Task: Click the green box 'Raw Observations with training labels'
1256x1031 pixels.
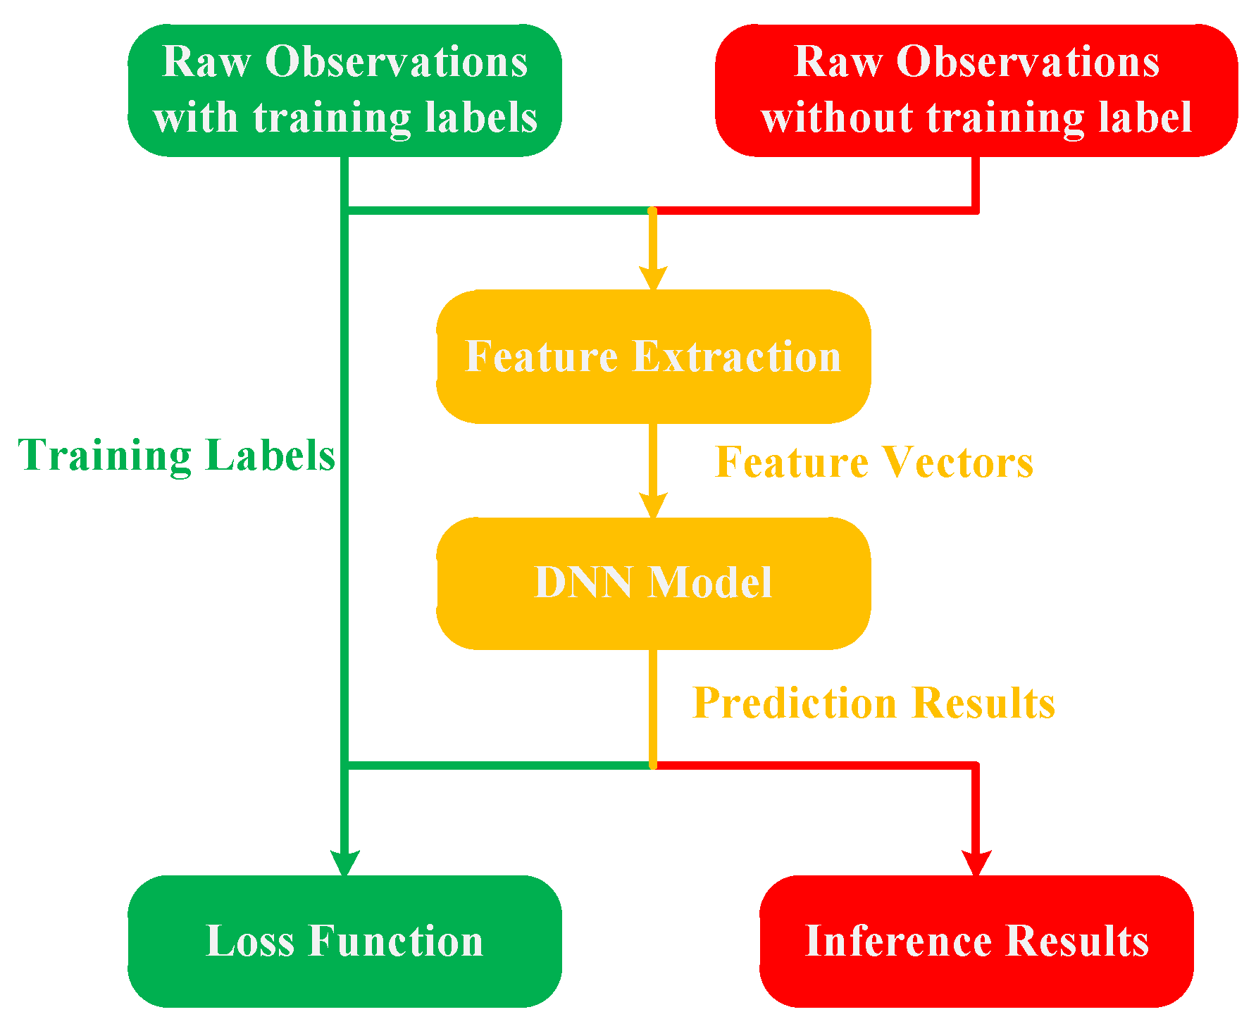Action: [x=344, y=90]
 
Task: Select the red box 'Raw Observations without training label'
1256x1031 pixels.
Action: [x=976, y=90]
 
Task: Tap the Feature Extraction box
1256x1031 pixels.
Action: [x=653, y=356]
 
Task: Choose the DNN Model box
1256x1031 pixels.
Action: [x=653, y=583]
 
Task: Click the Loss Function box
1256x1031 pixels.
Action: [x=344, y=941]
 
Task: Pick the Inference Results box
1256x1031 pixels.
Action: [x=976, y=941]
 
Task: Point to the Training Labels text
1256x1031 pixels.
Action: [x=176, y=456]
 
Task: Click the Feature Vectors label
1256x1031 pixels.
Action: [x=874, y=463]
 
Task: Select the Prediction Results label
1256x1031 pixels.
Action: [x=873, y=703]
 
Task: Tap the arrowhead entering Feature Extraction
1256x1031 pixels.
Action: [x=653, y=277]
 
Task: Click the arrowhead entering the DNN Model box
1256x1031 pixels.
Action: [x=653, y=506]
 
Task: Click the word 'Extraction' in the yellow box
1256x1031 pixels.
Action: [x=737, y=356]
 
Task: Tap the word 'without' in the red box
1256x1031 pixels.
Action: [x=838, y=118]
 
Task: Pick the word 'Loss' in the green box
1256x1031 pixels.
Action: [x=249, y=941]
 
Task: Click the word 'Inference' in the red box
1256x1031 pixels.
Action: [x=899, y=941]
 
